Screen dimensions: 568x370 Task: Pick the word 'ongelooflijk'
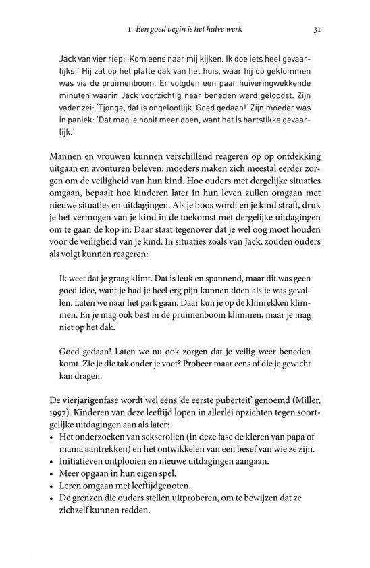click(178, 116)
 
